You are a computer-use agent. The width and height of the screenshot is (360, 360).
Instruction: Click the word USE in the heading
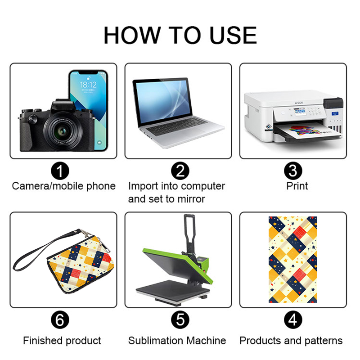(x=233, y=35)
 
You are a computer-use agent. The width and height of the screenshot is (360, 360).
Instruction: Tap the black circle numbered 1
(x=60, y=171)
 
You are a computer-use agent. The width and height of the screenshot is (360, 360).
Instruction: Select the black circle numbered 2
(x=180, y=171)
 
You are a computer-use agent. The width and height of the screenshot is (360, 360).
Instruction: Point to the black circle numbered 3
(x=293, y=171)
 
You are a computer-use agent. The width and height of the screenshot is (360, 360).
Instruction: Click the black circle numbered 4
(x=293, y=319)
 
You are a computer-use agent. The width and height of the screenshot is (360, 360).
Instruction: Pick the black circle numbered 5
(x=180, y=319)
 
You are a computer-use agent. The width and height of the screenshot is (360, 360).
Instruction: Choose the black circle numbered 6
(x=60, y=319)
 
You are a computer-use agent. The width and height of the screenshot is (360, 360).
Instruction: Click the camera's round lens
(x=63, y=131)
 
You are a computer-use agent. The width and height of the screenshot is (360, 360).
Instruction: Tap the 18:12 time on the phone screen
(x=88, y=85)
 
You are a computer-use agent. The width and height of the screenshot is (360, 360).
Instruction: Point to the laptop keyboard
(x=176, y=126)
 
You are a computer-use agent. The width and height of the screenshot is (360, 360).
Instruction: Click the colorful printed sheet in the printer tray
(x=308, y=131)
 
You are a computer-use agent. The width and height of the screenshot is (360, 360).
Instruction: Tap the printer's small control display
(x=300, y=112)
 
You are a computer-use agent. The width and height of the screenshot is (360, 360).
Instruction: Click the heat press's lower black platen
(x=173, y=290)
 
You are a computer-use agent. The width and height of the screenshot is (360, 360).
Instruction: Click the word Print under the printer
(x=297, y=186)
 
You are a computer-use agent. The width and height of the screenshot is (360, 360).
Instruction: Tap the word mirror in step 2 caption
(x=191, y=199)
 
